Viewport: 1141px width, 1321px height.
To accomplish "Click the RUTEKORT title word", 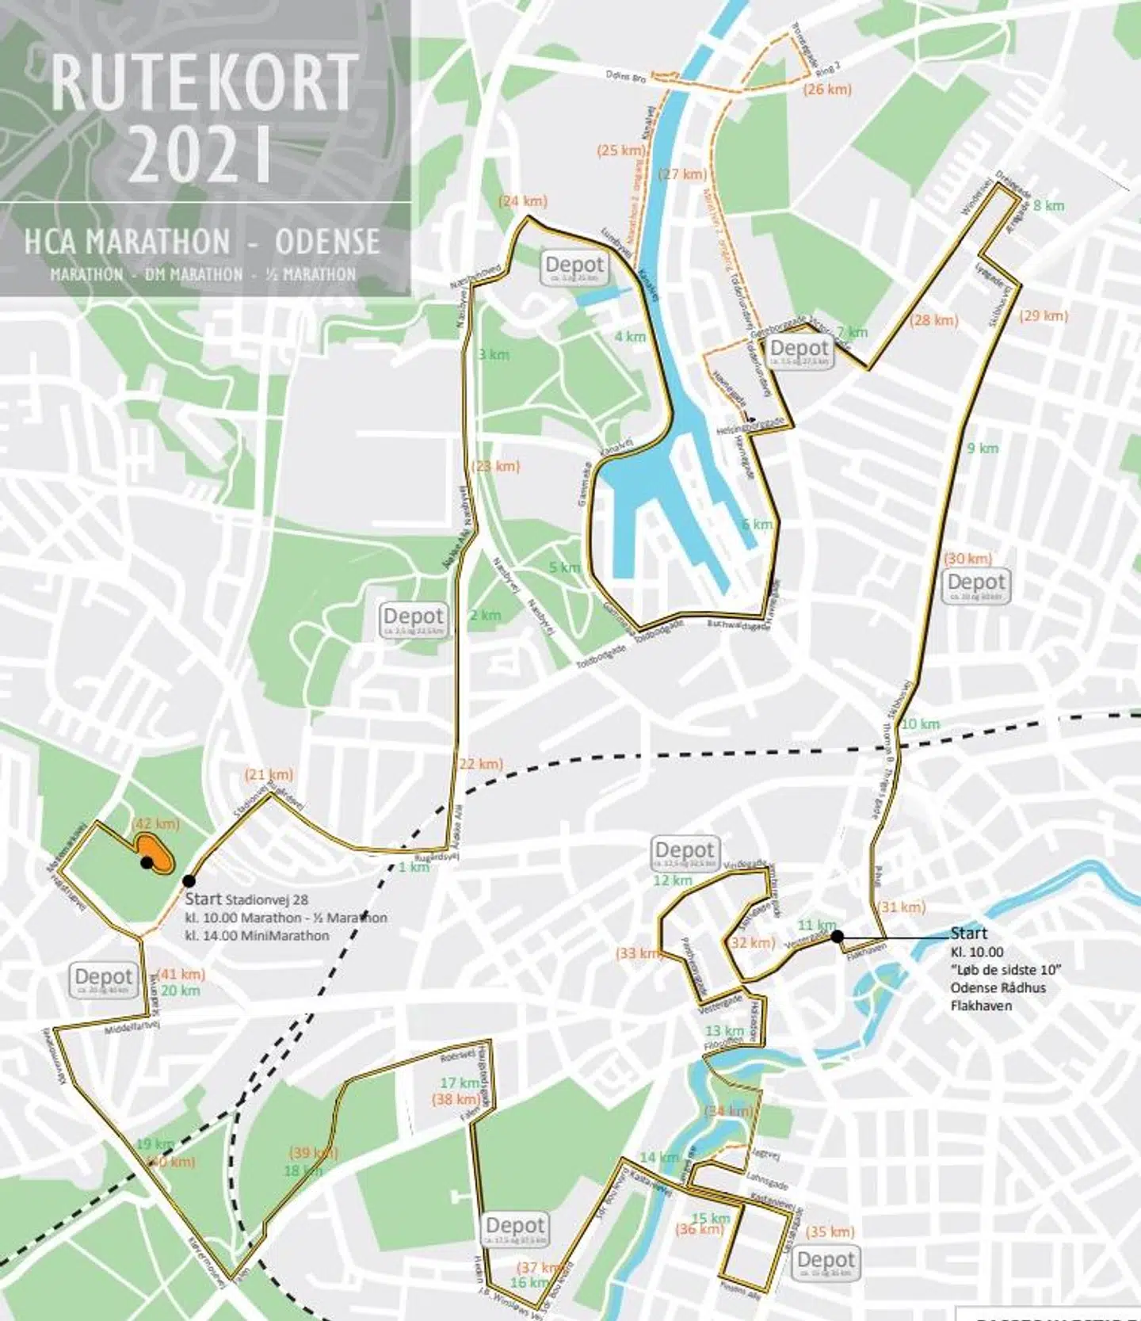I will tap(204, 83).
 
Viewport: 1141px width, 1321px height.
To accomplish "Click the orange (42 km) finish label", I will tap(156, 824).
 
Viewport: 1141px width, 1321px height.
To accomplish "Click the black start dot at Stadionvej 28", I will tap(189, 880).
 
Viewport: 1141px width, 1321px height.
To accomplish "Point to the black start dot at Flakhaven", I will tap(838, 937).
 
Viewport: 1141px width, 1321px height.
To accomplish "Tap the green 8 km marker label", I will tap(1048, 205).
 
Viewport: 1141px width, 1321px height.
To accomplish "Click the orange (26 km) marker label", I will tap(827, 90).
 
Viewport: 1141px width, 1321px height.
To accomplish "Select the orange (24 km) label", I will tap(522, 201).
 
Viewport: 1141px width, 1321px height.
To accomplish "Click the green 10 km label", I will tap(920, 723).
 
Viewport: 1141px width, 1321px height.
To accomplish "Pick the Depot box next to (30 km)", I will tap(978, 585).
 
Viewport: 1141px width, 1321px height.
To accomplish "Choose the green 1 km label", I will tap(413, 867).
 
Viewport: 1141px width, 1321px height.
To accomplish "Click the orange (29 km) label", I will tap(1044, 315).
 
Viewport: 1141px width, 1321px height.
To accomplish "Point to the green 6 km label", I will tap(757, 525).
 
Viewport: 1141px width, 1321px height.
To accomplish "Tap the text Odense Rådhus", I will tap(998, 988).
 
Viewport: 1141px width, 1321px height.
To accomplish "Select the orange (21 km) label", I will tap(269, 774).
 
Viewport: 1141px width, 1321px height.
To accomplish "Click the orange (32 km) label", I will tap(751, 943).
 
